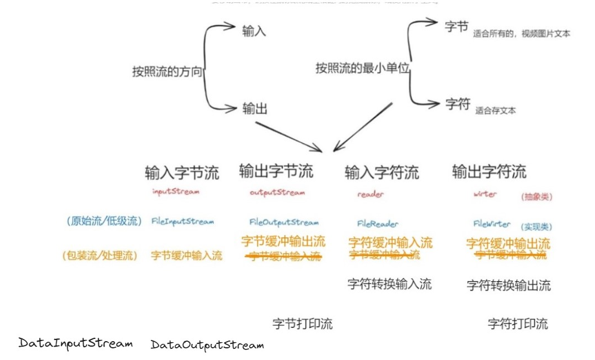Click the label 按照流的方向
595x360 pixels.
pos(167,72)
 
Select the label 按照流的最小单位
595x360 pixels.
pos(362,68)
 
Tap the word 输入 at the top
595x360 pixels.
pos(254,31)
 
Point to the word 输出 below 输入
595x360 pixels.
pos(254,109)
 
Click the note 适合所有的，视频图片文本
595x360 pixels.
pos(521,34)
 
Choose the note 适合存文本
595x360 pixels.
pos(495,111)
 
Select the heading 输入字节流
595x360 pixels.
pos(182,173)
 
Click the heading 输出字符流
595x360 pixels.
pos(489,172)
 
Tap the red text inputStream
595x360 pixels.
pos(176,192)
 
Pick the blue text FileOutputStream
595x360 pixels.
pos(284,222)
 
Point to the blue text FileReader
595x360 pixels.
pos(378,224)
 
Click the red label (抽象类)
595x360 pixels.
pos(536,197)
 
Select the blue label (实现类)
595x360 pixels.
pos(536,227)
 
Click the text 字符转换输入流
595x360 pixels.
pos(389,284)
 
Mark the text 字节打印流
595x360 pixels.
pos(302,324)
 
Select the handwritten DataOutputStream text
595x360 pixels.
pos(207,345)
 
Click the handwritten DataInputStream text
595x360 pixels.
pos(76,343)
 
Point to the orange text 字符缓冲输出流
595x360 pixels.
pos(508,243)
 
